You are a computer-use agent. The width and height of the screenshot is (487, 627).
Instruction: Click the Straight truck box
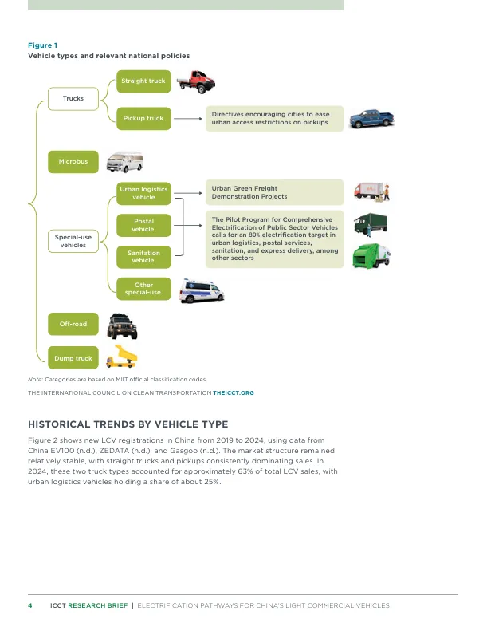[143, 81]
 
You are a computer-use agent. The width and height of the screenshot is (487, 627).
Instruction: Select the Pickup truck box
[143, 118]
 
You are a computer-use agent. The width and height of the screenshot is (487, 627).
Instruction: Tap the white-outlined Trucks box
[73, 99]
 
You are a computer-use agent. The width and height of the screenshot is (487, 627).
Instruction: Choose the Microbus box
[73, 162]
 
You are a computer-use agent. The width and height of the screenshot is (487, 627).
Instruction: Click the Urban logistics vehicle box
[143, 194]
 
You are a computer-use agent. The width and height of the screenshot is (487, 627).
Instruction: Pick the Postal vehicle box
[143, 225]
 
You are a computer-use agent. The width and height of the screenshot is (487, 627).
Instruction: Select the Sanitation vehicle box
[143, 257]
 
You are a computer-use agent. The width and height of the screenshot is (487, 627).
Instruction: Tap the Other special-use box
[143, 289]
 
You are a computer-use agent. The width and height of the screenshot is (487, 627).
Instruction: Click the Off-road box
[73, 324]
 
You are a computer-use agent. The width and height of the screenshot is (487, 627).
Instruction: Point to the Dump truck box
[73, 358]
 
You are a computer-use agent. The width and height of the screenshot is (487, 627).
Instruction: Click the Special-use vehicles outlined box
[73, 241]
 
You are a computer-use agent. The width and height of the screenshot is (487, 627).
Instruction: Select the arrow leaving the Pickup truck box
[188, 119]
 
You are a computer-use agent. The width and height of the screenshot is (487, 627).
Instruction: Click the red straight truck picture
[196, 82]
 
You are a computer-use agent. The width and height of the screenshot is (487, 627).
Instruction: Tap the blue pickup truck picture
[372, 119]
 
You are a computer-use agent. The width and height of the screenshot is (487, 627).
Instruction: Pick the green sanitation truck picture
[371, 256]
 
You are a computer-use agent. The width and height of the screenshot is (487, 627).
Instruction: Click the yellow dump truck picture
[121, 357]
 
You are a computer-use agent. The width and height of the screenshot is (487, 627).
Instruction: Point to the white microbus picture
[125, 162]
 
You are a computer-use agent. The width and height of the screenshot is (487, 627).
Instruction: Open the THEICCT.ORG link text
[234, 393]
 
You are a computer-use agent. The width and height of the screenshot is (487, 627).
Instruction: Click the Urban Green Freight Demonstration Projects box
[275, 192]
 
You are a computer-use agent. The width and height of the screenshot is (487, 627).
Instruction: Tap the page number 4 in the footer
[30, 605]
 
